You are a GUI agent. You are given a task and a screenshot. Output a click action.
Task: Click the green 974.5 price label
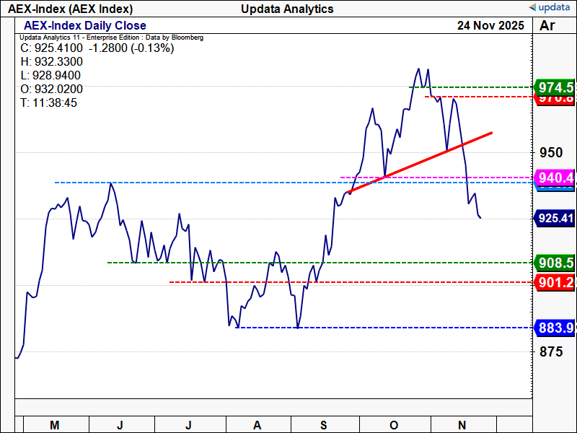(555, 87)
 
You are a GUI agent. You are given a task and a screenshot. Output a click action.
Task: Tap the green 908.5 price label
(555, 263)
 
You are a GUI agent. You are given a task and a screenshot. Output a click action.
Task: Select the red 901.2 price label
(555, 282)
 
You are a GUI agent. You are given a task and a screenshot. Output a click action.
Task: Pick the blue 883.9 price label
(555, 328)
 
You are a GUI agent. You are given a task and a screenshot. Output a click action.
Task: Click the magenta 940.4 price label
(555, 178)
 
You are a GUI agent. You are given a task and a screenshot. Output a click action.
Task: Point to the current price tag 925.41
(555, 217)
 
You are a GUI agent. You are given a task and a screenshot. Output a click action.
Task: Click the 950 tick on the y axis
(550, 152)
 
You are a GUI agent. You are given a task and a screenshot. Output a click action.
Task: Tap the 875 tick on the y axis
(550, 351)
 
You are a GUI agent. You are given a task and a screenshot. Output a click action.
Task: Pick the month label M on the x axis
(54, 425)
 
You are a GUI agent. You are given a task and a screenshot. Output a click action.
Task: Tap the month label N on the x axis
(462, 425)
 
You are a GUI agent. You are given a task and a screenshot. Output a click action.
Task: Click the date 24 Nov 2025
(490, 25)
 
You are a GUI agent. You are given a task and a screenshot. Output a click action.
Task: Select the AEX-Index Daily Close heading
(85, 26)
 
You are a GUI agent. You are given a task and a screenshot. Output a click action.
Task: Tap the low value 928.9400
(56, 75)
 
